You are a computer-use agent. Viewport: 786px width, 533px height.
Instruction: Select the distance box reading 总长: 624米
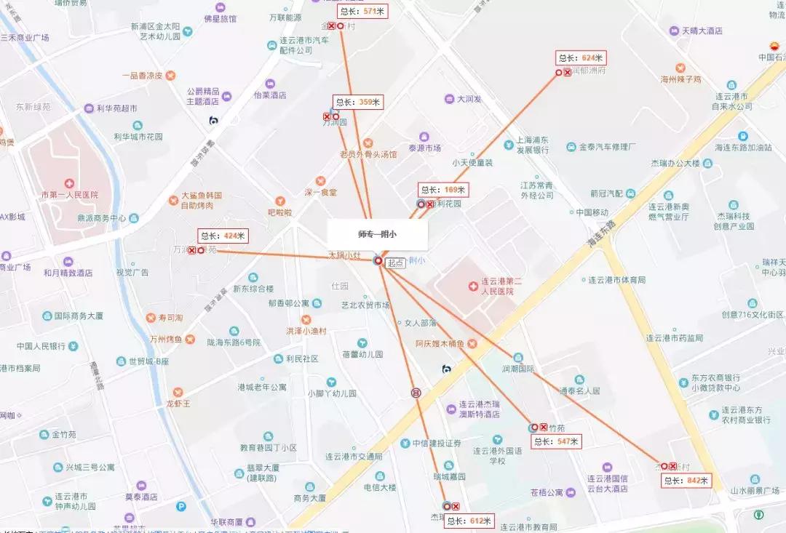(581, 58)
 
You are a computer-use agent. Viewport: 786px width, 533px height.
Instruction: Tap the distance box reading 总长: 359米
(357, 103)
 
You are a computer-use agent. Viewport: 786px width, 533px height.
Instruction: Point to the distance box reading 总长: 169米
(443, 190)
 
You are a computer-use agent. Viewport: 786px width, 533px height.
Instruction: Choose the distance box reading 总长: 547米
(556, 441)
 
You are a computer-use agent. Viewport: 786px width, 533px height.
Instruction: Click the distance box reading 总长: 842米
(686, 480)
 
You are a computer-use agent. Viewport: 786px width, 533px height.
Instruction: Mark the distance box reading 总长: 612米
(469, 521)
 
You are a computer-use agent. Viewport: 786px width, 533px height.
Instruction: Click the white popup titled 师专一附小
(378, 234)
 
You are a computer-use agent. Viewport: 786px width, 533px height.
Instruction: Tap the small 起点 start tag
(395, 263)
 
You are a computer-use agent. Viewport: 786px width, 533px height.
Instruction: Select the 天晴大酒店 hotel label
(702, 31)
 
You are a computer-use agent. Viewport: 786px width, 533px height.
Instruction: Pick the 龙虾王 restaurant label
(178, 403)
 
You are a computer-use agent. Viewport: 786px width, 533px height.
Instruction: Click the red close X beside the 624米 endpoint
(568, 72)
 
